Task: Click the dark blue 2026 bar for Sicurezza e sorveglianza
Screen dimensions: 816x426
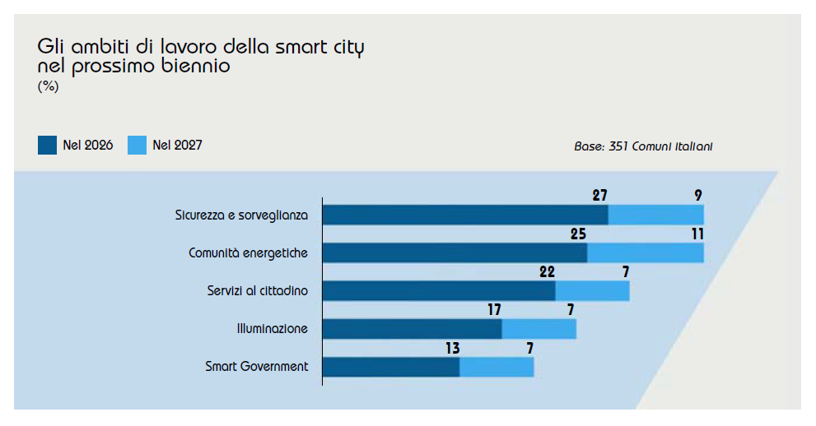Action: pyautogui.click(x=465, y=215)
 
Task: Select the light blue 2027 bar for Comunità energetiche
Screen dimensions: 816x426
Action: pyautogui.click(x=646, y=253)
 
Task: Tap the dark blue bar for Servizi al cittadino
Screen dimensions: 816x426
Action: pyautogui.click(x=439, y=291)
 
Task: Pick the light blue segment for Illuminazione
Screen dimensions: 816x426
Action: pyautogui.click(x=539, y=329)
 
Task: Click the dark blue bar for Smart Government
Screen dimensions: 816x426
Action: pyautogui.click(x=391, y=367)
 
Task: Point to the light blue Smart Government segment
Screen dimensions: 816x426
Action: pyautogui.click(x=497, y=367)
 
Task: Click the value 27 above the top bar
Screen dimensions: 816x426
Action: pyautogui.click(x=599, y=196)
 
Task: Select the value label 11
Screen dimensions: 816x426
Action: pyautogui.click(x=697, y=234)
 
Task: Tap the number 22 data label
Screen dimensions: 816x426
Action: pyautogui.click(x=547, y=271)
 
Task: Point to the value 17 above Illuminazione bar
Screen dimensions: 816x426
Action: pyautogui.click(x=494, y=309)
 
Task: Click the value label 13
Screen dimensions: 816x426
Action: pyautogui.click(x=453, y=348)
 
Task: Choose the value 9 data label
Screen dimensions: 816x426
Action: pyautogui.click(x=698, y=196)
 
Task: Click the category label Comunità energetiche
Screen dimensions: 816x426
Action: pyautogui.click(x=248, y=253)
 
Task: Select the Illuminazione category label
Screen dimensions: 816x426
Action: pyautogui.click(x=273, y=328)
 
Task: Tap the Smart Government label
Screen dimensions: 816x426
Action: pyautogui.click(x=257, y=366)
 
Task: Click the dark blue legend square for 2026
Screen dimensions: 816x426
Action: pyautogui.click(x=48, y=145)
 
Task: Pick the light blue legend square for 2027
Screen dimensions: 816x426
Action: pyautogui.click(x=137, y=145)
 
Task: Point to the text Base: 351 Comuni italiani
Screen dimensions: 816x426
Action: pyautogui.click(x=643, y=146)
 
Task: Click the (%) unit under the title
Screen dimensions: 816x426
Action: pyautogui.click(x=48, y=86)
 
